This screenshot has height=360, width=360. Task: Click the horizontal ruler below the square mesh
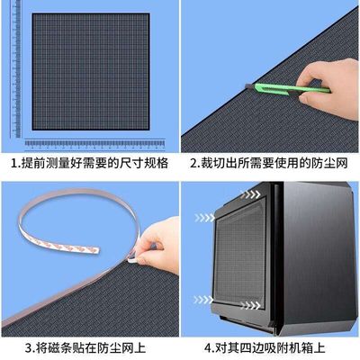[x=95, y=144]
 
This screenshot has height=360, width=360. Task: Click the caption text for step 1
[x=89, y=166]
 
